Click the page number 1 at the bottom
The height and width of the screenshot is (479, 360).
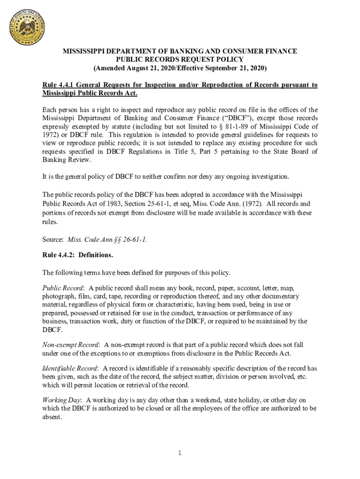pyautogui.click(x=180, y=453)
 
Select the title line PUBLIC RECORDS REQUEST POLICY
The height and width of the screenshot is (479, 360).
pyautogui.click(x=180, y=59)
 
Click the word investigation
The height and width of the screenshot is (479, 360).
pyautogui.click(x=269, y=176)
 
